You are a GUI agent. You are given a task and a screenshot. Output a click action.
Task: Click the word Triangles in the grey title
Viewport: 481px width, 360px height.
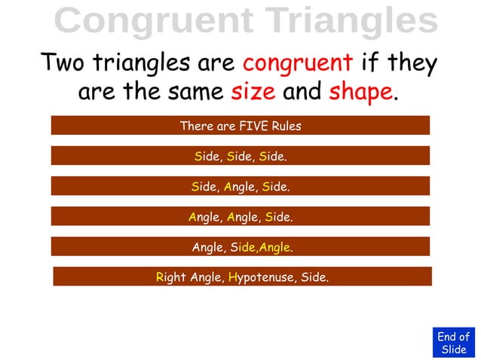[345, 21]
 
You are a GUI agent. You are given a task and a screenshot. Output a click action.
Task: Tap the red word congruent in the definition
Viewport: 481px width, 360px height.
[297, 62]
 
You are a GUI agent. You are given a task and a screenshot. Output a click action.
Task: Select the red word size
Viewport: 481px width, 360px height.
[253, 93]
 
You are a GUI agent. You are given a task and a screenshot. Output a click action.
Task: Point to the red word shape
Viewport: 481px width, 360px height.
[360, 93]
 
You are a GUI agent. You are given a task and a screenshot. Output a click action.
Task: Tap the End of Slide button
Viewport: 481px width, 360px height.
[454, 343]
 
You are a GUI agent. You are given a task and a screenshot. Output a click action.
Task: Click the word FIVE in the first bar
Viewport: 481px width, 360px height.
[249, 126]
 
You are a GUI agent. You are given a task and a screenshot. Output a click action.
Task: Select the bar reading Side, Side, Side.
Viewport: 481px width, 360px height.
[240, 157]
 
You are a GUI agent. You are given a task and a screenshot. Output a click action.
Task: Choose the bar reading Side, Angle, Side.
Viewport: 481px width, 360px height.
[240, 186]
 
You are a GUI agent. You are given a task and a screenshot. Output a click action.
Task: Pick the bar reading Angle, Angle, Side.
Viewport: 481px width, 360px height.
[240, 217]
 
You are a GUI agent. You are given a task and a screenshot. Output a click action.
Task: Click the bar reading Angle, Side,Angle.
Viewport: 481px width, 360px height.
[240, 247]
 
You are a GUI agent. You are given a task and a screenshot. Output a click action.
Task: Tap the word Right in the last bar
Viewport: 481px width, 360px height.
[170, 277]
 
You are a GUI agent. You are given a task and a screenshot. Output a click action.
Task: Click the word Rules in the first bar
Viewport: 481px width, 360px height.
[285, 126]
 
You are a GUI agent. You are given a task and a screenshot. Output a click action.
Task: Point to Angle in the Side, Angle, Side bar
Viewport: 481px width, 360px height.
[240, 186]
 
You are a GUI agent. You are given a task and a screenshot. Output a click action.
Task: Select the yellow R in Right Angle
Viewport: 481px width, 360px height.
[160, 277]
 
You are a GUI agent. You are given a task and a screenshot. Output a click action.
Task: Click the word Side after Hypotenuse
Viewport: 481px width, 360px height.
[314, 277]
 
